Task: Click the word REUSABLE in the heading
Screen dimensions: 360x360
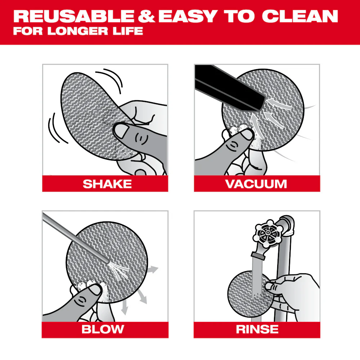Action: coord(72,16)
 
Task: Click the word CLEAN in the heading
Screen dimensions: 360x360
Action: coord(300,16)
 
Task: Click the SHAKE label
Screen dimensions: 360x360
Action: coord(107,184)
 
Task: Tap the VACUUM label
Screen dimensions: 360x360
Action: coord(256,184)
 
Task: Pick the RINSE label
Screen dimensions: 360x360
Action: coord(257,329)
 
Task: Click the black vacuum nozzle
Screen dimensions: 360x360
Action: coord(230,85)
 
